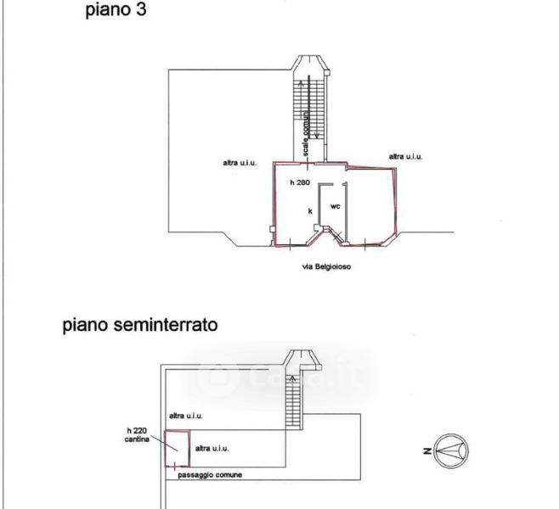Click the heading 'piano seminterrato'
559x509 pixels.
(140, 325)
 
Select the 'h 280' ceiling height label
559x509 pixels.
(298, 182)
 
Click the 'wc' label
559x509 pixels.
(335, 205)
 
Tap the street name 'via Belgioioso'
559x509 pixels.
(326, 266)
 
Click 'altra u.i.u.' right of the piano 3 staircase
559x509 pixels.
(405, 156)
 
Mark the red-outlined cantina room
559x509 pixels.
(176, 449)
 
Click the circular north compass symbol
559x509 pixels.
(452, 448)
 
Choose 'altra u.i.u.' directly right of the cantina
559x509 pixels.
(212, 447)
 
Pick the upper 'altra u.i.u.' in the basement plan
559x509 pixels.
(187, 416)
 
